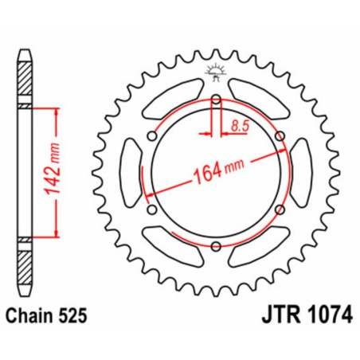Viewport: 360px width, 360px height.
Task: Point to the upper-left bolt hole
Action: (x=152, y=136)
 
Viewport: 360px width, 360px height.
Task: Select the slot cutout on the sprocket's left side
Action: (x=127, y=173)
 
